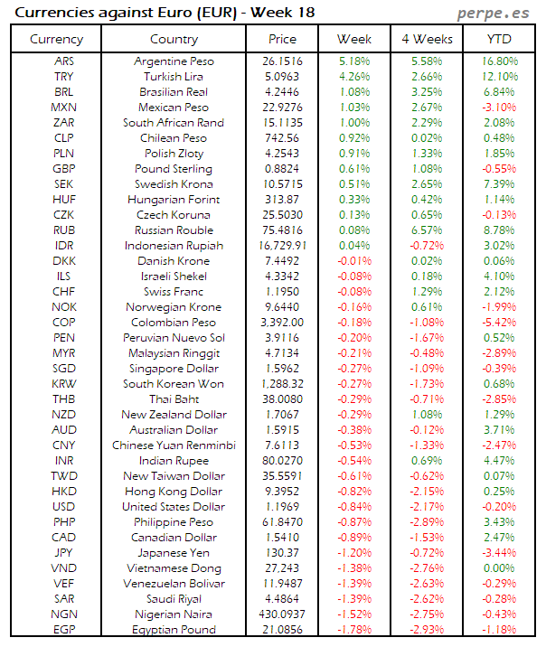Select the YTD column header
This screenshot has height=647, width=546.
(499, 39)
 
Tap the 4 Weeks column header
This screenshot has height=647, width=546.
(427, 39)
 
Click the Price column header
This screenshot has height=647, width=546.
(282, 39)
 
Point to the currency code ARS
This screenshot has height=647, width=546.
(64, 61)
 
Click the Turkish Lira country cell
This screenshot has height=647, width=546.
(173, 76)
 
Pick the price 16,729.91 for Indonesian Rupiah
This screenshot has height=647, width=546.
(282, 246)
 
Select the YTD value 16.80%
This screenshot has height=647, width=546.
(500, 61)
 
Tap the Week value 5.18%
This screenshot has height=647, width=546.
(353, 61)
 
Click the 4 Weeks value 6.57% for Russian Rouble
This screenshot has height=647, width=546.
(427, 230)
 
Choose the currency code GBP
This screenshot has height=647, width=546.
(64, 169)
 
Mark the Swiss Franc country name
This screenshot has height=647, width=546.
(173, 292)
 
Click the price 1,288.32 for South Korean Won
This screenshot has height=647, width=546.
(282, 384)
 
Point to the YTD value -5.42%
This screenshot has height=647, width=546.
(500, 323)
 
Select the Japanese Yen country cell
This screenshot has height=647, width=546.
(173, 553)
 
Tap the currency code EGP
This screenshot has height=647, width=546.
(64, 630)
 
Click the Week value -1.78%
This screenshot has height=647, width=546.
(353, 630)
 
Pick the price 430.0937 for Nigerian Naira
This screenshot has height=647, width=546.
(282, 614)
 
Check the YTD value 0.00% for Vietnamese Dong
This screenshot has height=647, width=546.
(500, 568)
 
